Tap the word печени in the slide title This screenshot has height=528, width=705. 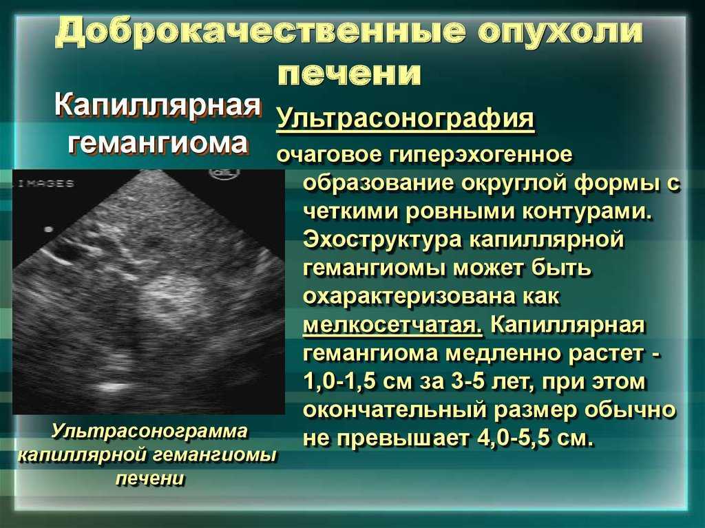tap(349, 73)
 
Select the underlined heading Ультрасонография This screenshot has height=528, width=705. tap(405, 118)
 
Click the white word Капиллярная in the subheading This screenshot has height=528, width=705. tap(158, 106)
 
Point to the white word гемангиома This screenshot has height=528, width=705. tap(158, 142)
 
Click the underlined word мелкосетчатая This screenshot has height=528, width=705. tap(392, 325)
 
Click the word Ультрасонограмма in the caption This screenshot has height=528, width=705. tap(149, 430)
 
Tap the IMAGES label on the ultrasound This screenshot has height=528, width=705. tap(45, 184)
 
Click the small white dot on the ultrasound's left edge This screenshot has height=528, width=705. tap(48, 229)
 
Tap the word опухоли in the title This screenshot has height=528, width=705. tap(560, 34)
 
